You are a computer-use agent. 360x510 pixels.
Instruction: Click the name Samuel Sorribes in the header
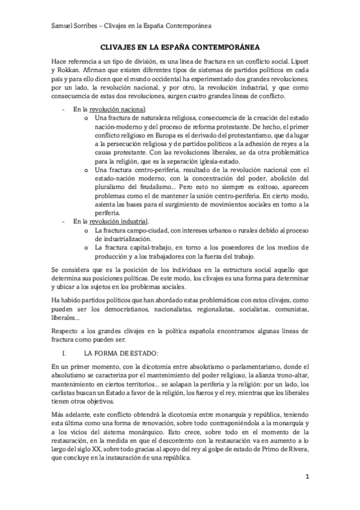(71, 26)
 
